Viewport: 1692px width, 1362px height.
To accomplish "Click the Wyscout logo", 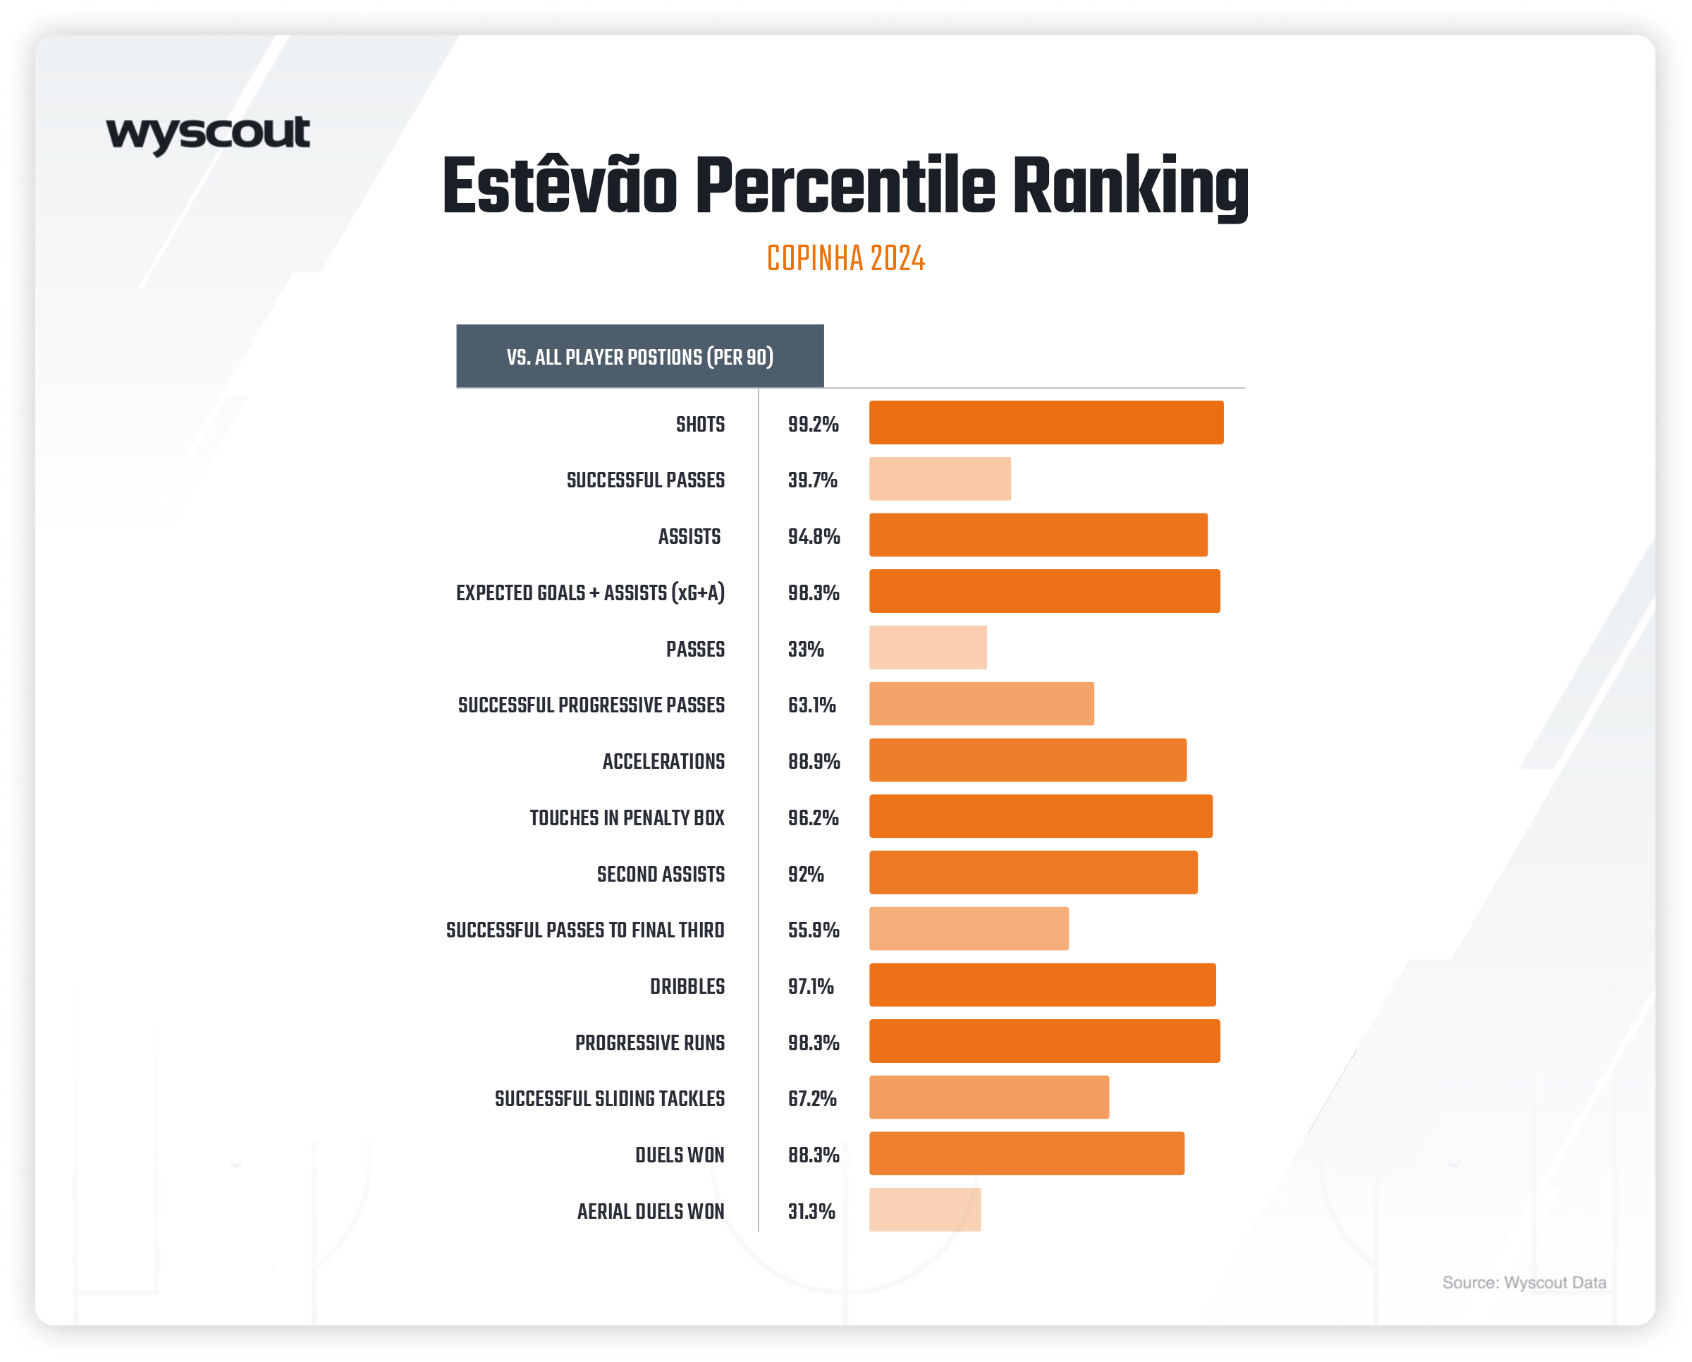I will click(208, 134).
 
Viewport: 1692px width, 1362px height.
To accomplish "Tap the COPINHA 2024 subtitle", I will click(846, 258).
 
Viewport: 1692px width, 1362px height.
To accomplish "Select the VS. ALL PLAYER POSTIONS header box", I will click(639, 356).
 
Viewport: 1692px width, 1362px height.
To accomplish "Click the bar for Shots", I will click(1046, 422).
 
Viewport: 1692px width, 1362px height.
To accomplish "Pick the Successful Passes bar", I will click(939, 479).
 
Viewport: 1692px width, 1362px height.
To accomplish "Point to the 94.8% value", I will click(814, 537).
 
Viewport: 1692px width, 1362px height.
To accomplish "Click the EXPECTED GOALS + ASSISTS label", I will click(590, 592).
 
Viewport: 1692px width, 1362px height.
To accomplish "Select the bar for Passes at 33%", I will click(928, 647).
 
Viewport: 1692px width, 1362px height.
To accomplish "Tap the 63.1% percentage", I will click(811, 705).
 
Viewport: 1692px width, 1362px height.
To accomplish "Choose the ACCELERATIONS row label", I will click(663, 762).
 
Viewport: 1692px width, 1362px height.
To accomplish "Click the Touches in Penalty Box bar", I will click(1041, 816).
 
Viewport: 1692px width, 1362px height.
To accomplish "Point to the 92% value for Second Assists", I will click(806, 875).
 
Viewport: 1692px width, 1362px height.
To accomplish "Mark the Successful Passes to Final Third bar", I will click(969, 929).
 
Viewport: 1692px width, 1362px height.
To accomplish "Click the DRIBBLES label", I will click(687, 987).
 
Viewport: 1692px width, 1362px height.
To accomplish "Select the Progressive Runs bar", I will click(1044, 1041).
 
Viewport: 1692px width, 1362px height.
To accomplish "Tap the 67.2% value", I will click(812, 1099).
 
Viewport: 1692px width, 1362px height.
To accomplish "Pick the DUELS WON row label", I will click(680, 1155).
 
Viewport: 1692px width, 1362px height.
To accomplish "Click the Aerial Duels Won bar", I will click(924, 1210).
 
